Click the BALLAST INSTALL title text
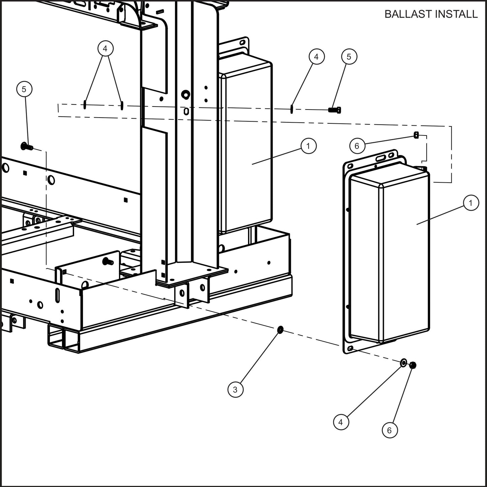click(431, 14)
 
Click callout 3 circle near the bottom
click(235, 390)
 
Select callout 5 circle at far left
click(24, 89)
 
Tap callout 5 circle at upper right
click(349, 57)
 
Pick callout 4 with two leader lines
click(105, 49)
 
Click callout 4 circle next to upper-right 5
click(316, 57)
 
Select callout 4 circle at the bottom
click(341, 422)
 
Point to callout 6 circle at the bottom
click(390, 430)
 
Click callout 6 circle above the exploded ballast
click(357, 146)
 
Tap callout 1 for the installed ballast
click(308, 146)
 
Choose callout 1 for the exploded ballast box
click(471, 203)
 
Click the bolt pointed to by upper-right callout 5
click(334, 110)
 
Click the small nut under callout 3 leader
click(280, 329)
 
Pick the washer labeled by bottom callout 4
click(403, 363)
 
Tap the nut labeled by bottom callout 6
click(413, 365)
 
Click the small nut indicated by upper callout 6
click(417, 135)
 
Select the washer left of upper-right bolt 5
click(292, 109)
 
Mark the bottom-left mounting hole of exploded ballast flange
click(351, 348)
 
